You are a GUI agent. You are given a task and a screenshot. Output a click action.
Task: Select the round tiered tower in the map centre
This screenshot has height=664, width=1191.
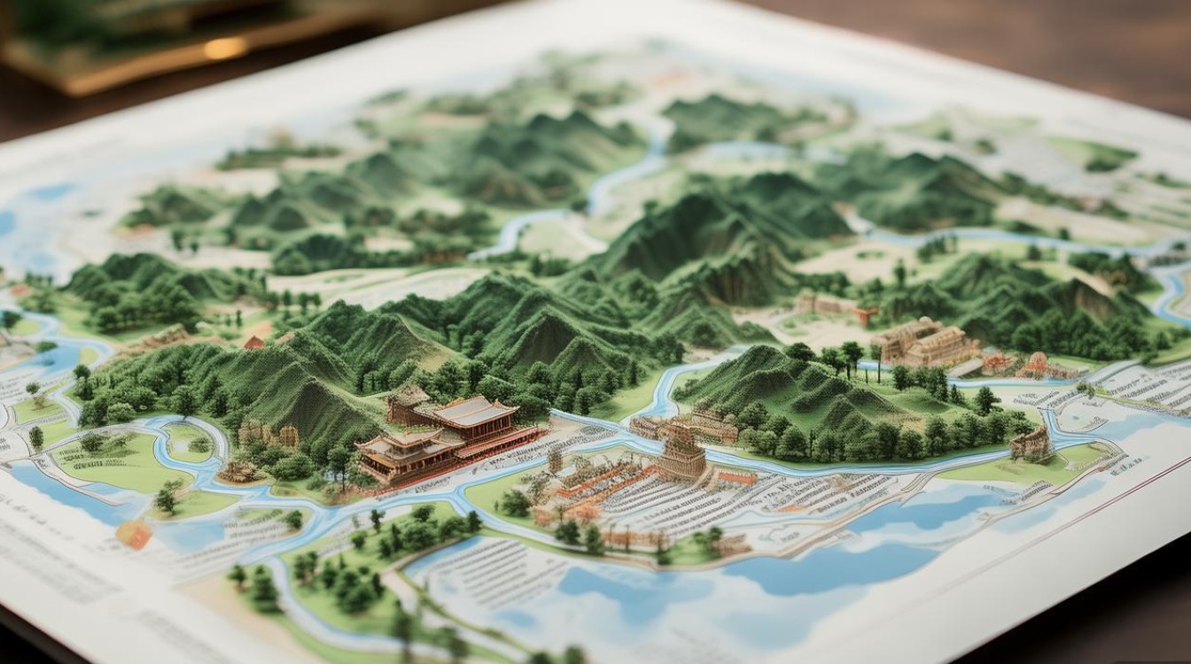point(681,452)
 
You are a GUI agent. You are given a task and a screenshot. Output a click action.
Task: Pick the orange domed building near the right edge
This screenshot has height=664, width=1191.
point(1036,363)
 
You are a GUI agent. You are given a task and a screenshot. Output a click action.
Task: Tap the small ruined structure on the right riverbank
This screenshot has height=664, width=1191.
point(1030,443)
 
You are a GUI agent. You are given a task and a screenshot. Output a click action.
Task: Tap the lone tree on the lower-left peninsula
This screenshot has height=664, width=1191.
point(166,498)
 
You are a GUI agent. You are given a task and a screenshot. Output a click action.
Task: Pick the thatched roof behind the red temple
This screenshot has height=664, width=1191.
point(409,394)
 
